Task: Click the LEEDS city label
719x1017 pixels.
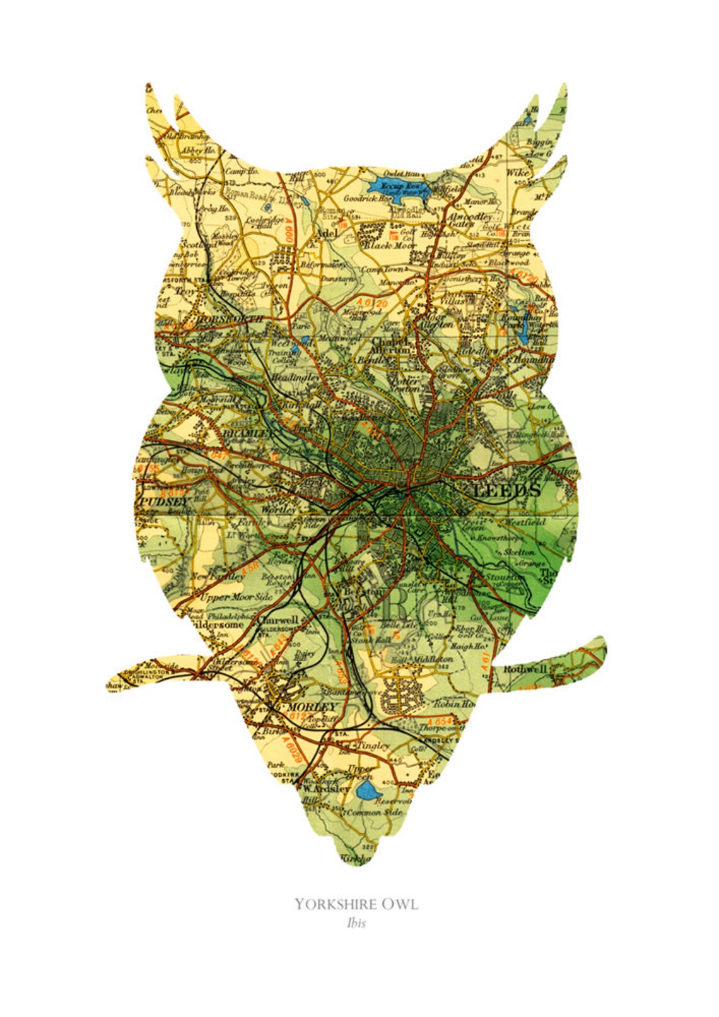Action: click(506, 490)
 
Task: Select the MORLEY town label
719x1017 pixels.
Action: click(311, 707)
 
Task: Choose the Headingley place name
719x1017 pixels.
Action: click(295, 377)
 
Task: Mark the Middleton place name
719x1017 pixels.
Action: click(433, 659)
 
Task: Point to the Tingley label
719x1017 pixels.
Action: click(373, 745)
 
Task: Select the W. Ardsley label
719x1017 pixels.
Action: click(325, 789)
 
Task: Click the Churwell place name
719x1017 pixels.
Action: click(278, 620)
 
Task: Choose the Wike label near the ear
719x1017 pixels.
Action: click(517, 172)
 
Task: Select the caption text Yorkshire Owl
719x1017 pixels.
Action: click(356, 904)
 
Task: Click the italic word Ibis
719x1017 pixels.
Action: click(356, 923)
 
